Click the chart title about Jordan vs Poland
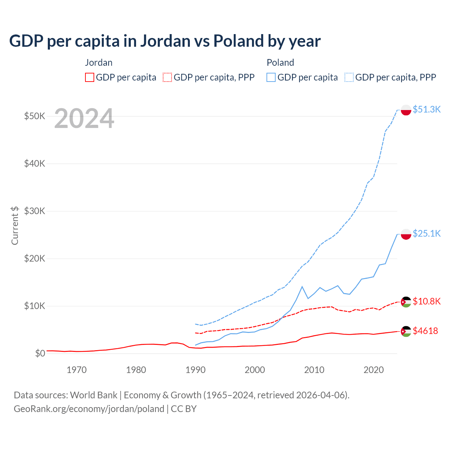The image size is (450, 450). (x=165, y=41)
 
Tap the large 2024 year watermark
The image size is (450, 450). (x=84, y=118)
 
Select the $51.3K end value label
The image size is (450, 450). (x=426, y=109)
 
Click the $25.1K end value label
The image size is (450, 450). (x=426, y=233)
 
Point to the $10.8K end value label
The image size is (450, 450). (x=426, y=301)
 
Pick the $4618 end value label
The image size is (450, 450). (x=425, y=331)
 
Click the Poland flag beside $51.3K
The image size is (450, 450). (x=406, y=110)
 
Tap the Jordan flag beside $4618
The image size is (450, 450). (x=406, y=331)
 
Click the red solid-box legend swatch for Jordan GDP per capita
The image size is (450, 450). (x=90, y=77)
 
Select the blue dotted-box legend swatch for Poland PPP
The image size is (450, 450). (x=349, y=77)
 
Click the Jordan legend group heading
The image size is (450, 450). (x=99, y=63)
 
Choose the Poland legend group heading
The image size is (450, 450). (x=280, y=63)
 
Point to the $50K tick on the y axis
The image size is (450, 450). (x=34, y=116)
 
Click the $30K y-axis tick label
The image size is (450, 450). (x=34, y=211)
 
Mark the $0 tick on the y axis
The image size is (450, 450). (x=40, y=353)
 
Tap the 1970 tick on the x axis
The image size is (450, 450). (x=77, y=370)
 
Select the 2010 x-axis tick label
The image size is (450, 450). (x=314, y=370)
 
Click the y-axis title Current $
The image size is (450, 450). (x=15, y=225)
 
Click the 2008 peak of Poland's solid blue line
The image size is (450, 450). (x=302, y=287)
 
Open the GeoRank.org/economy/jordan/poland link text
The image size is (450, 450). (x=89, y=409)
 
